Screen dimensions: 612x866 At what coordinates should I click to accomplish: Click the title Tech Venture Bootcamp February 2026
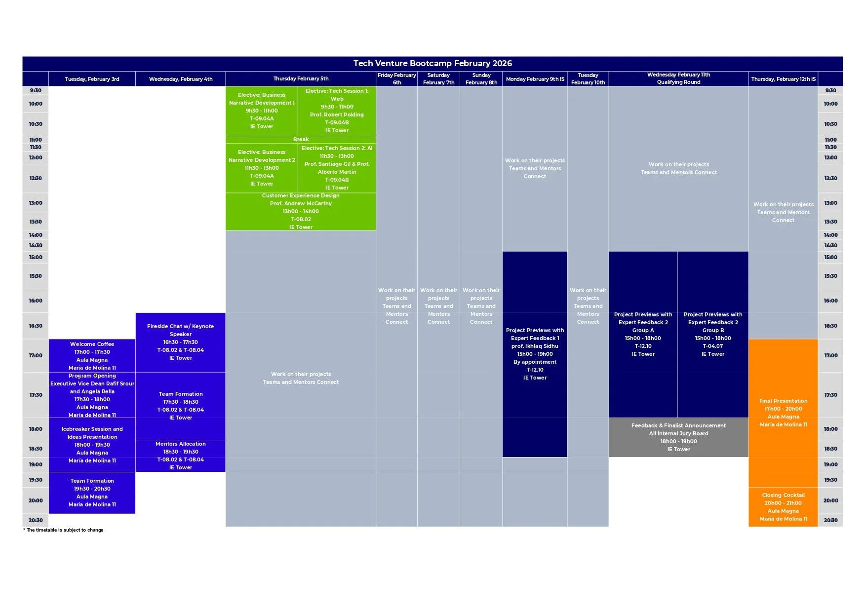(433, 63)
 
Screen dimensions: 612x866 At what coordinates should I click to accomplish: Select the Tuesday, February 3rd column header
(92, 79)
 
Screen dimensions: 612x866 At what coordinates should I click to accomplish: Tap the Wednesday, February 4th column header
(181, 79)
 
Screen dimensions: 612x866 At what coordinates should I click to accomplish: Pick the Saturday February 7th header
(438, 79)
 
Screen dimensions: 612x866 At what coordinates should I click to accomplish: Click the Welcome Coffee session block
(92, 355)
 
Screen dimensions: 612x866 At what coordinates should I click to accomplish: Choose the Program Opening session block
(92, 395)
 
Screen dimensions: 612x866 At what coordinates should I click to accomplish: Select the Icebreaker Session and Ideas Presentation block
(92, 444)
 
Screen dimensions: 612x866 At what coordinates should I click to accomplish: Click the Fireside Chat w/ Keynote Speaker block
(181, 342)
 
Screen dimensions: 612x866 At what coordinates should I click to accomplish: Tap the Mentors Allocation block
(181, 456)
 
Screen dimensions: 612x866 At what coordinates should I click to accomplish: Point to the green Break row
(301, 140)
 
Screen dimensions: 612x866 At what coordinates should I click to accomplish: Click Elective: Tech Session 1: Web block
(337, 111)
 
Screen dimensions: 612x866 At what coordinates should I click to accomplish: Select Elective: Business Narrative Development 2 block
(262, 168)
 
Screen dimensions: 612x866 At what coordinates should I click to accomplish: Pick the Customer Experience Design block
(301, 211)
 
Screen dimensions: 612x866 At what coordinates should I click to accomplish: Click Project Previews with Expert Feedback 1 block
(535, 354)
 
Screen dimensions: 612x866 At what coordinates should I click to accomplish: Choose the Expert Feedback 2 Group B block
(713, 334)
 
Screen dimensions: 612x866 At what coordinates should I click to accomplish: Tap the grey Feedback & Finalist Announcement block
(678, 437)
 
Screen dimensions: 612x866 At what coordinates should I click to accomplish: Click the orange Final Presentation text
(783, 401)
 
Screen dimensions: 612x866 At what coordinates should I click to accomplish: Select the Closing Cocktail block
(783, 507)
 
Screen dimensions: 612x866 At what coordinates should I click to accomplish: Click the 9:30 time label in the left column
(36, 90)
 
